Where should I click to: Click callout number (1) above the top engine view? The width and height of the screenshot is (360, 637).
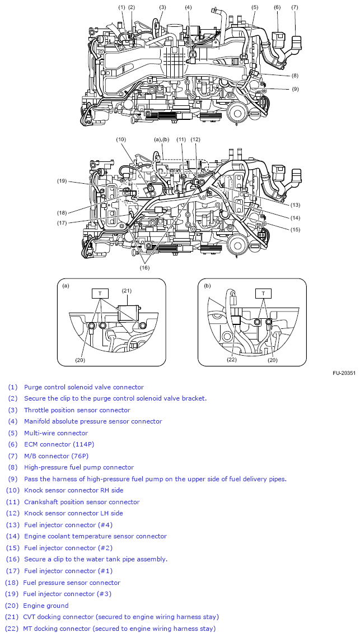[x=121, y=7]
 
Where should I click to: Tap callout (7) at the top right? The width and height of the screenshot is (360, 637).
[x=294, y=7]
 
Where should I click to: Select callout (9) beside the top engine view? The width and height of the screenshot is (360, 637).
[x=294, y=89]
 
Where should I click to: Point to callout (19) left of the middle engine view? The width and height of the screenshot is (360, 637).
[x=62, y=181]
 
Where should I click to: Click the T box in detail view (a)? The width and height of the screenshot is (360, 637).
[x=100, y=294]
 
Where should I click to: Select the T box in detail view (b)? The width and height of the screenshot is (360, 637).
[x=263, y=294]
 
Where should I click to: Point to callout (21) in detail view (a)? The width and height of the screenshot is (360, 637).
[x=127, y=290]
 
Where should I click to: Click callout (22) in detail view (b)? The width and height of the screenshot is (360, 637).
[x=232, y=360]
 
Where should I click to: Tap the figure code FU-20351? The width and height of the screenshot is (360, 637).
[x=343, y=373]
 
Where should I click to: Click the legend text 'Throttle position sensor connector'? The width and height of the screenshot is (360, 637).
[x=77, y=410]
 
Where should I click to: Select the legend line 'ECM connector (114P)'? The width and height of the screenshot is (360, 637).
[x=59, y=444]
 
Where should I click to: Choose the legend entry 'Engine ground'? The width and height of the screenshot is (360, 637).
[x=45, y=606]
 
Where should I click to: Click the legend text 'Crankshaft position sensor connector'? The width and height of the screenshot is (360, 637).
[x=82, y=502]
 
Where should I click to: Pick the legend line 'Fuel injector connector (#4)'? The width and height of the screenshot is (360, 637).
[x=68, y=525]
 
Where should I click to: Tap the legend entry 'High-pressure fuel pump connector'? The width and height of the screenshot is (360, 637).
[x=78, y=467]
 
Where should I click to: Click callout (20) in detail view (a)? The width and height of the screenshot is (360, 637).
[x=80, y=360]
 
